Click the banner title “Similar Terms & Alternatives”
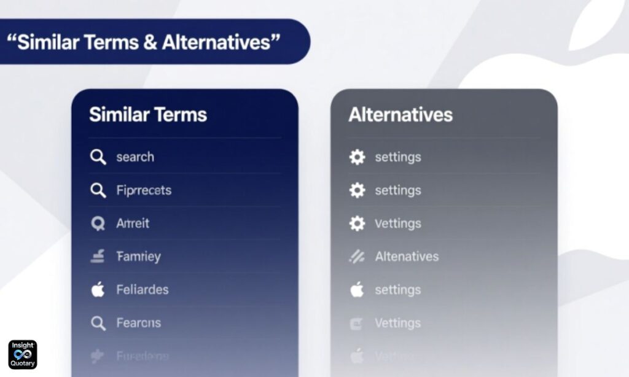coord(143,42)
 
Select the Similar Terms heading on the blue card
coord(148,115)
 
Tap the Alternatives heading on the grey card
coord(400,115)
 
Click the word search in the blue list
coord(135,157)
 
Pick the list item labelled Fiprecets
coord(144,190)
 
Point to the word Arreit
coord(133,223)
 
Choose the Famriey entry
coord(138,257)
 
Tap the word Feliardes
coord(142,290)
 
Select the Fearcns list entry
coord(138,323)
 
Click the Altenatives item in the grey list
coord(407,257)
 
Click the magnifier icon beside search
coord(98,157)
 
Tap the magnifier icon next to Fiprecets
coord(98,190)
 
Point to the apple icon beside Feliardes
coord(98,290)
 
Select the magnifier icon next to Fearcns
coord(98,323)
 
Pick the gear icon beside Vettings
coord(357,223)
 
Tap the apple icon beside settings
coord(357,290)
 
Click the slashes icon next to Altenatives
coord(357,257)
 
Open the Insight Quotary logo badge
coord(23,354)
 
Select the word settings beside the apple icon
coord(398,290)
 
